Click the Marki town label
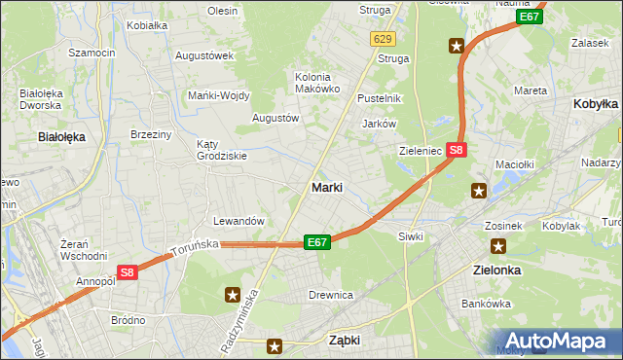326,187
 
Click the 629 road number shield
382,38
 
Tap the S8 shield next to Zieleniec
458,150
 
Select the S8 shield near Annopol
128,273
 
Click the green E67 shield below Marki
317,241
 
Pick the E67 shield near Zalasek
531,17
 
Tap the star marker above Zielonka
498,246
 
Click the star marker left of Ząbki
275,344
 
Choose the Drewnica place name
330,294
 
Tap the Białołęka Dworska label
40,99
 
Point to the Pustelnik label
380,98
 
